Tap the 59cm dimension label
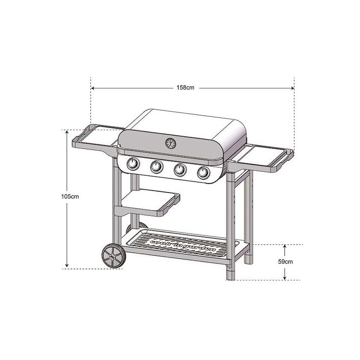coord(285,261)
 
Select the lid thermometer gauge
coord(170,144)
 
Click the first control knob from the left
coord(133,164)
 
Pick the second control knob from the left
coord(157,167)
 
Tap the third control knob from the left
coord(180,169)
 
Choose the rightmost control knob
coord(203,172)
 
